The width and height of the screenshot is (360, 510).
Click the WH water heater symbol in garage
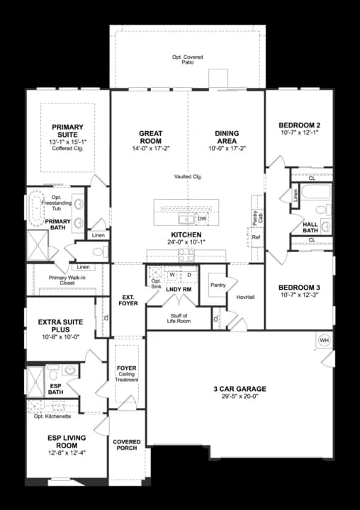coord(325,340)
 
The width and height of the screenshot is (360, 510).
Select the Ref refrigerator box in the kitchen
coord(257,238)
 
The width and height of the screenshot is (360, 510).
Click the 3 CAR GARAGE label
coord(240,389)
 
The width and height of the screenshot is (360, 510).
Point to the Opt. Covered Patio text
coord(187,59)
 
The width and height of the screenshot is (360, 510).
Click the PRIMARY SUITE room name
coord(67,131)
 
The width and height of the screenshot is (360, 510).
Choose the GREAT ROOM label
coord(150,137)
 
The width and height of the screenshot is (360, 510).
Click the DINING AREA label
coord(226,137)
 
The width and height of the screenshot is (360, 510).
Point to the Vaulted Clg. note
coord(188,176)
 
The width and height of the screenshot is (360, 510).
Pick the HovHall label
coord(246,297)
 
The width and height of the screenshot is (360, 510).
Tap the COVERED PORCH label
coord(127,446)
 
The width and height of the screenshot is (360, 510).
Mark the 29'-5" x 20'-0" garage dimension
coord(240,397)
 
